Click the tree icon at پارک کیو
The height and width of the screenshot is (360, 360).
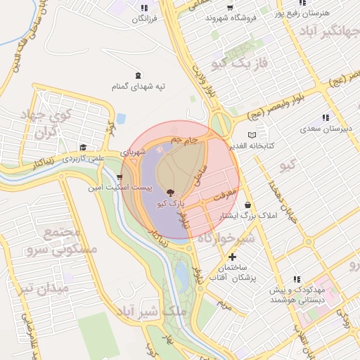click(169, 192)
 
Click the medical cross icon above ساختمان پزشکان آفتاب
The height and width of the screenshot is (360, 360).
click(233, 257)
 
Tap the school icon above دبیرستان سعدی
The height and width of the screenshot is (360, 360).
click(325, 117)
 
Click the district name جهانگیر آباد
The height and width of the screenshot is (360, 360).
click(328, 32)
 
